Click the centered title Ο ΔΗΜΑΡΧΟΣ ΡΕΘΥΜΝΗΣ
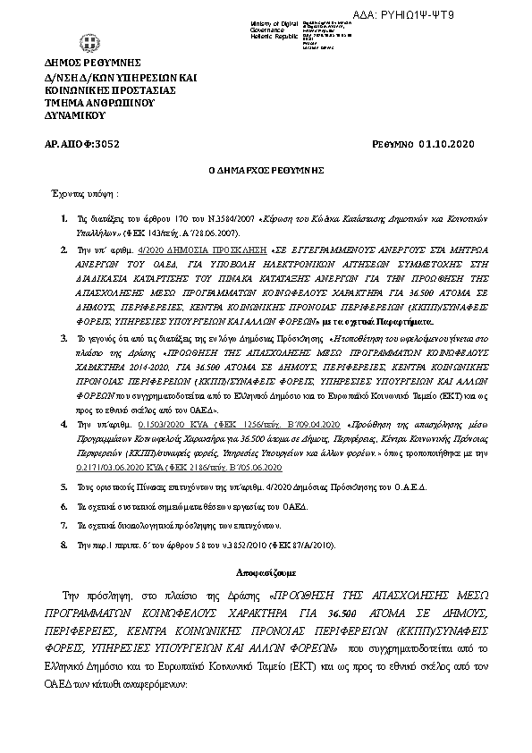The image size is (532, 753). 265,169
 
